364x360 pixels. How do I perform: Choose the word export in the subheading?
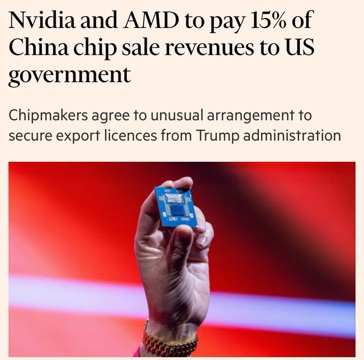[75, 136]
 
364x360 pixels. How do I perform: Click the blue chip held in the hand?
[176, 206]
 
